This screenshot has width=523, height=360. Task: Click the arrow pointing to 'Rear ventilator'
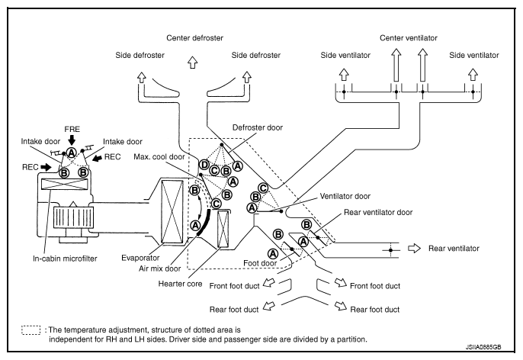tap(413, 249)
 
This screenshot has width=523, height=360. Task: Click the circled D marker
tap(204, 165)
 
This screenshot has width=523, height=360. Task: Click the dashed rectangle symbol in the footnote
tap(30, 329)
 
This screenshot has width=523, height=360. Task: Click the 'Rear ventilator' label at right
tap(454, 249)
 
